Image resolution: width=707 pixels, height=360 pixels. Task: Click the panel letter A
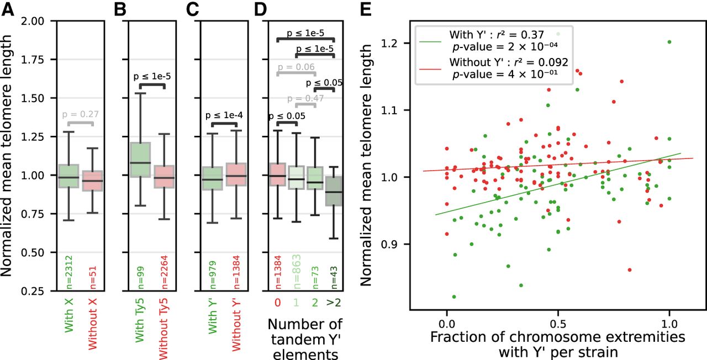click(x=8, y=10)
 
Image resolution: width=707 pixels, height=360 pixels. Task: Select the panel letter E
click(x=366, y=10)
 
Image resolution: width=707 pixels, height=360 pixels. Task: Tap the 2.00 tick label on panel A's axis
click(x=33, y=21)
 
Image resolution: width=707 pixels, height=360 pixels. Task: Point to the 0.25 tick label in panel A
click(x=33, y=291)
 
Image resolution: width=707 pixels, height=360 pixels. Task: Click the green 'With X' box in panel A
click(x=69, y=176)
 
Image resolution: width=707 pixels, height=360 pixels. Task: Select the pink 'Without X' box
click(x=92, y=181)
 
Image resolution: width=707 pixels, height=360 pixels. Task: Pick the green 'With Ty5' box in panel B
click(x=140, y=160)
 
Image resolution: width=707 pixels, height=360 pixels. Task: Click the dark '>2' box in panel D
click(x=334, y=191)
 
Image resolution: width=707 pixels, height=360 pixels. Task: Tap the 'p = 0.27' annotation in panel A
click(x=81, y=114)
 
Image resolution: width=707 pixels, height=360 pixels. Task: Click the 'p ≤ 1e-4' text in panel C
click(x=224, y=115)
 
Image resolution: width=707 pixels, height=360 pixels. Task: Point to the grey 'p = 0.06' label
click(x=296, y=67)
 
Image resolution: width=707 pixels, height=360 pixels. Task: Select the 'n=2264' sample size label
click(x=164, y=272)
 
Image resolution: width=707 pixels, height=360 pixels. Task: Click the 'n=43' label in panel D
click(x=334, y=278)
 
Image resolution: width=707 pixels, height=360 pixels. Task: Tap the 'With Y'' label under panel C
click(x=213, y=315)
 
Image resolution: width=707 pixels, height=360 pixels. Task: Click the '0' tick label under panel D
click(x=277, y=303)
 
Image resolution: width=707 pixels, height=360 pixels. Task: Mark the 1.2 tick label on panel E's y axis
click(x=390, y=43)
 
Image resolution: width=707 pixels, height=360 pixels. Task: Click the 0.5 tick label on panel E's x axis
click(x=558, y=324)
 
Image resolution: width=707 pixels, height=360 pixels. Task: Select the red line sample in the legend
click(x=430, y=69)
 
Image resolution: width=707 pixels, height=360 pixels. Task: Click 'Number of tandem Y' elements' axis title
click(x=305, y=339)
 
